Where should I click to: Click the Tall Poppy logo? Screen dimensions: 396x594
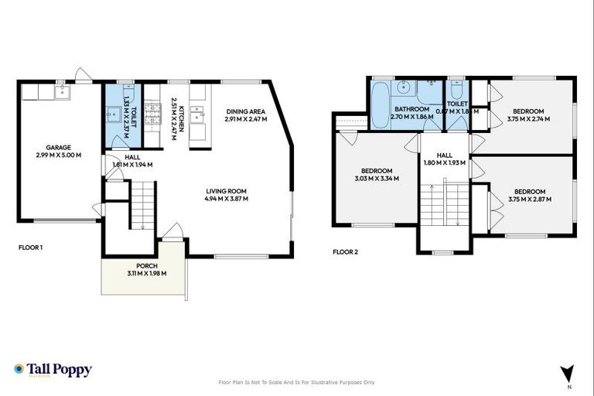pyautogui.click(x=53, y=370)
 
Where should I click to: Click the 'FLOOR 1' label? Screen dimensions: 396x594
pyautogui.click(x=30, y=248)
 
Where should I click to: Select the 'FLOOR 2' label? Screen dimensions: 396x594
pyautogui.click(x=345, y=251)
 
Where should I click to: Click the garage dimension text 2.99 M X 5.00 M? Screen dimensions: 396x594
pyautogui.click(x=59, y=155)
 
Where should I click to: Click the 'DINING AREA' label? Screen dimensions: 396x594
pyautogui.click(x=246, y=111)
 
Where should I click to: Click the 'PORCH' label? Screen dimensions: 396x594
pyautogui.click(x=146, y=265)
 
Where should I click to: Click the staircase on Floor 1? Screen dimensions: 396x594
pyautogui.click(x=142, y=204)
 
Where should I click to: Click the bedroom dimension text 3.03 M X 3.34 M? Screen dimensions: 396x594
pyautogui.click(x=377, y=179)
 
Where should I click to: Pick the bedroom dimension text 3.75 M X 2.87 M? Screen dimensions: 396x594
pyautogui.click(x=530, y=200)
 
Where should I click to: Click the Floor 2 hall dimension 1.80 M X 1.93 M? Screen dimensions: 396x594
pyautogui.click(x=444, y=162)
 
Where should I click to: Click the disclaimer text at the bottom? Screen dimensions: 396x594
pyautogui.click(x=297, y=382)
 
